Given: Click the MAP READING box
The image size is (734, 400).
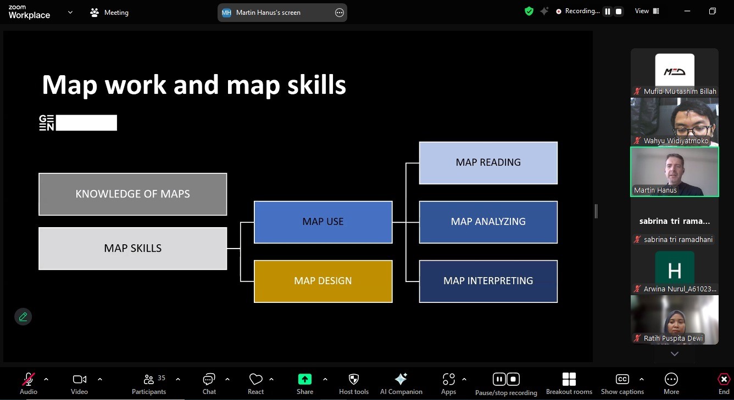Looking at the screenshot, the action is click(488, 162).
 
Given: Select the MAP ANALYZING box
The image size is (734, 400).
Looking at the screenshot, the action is click(488, 222).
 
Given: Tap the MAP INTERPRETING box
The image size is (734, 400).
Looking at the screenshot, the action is click(488, 281).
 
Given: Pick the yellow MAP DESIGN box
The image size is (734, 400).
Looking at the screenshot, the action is click(323, 281).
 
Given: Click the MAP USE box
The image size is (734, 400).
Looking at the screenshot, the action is click(323, 222).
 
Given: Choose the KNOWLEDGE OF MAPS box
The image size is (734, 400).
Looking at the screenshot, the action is click(133, 194).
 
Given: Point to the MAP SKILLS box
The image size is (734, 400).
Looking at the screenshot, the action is click(133, 249).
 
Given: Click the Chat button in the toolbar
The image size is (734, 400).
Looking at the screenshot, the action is click(209, 384).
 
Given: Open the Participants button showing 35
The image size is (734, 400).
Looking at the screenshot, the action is click(149, 384).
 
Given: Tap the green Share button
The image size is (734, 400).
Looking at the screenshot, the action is click(305, 384).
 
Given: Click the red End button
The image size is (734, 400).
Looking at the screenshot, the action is click(724, 384).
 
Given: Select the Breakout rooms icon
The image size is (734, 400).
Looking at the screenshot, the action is click(569, 379).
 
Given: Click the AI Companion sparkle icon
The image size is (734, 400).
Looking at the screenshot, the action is click(401, 379).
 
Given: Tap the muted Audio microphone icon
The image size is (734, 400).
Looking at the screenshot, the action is click(29, 379).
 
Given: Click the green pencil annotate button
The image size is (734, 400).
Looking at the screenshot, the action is click(23, 317).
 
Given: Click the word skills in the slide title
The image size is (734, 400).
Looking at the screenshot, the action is click(316, 85).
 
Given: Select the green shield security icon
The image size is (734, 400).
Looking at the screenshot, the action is click(529, 12).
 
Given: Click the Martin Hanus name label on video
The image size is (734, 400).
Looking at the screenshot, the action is click(655, 190).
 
